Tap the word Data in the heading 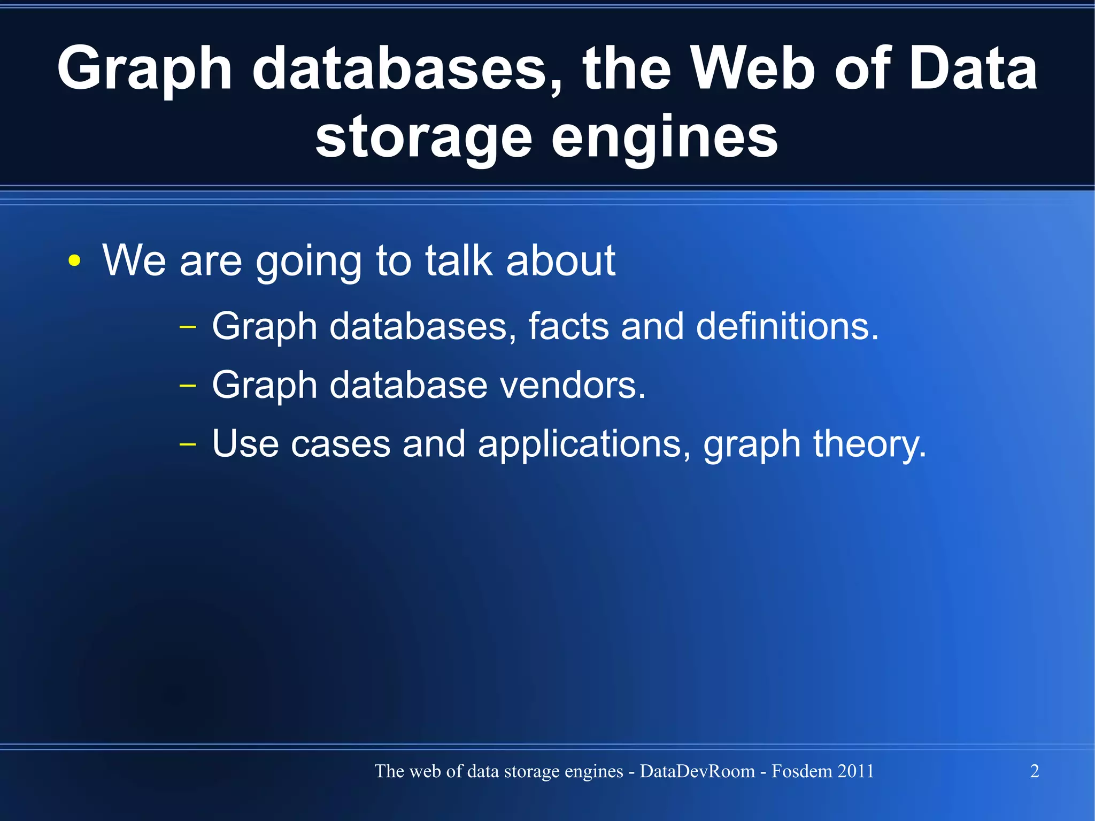973,68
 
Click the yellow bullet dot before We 75,261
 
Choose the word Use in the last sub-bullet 245,443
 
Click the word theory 869,444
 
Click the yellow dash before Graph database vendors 188,385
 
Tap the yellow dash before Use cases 188,444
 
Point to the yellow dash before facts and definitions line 188,326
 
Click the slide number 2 1035,771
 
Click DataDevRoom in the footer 697,771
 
